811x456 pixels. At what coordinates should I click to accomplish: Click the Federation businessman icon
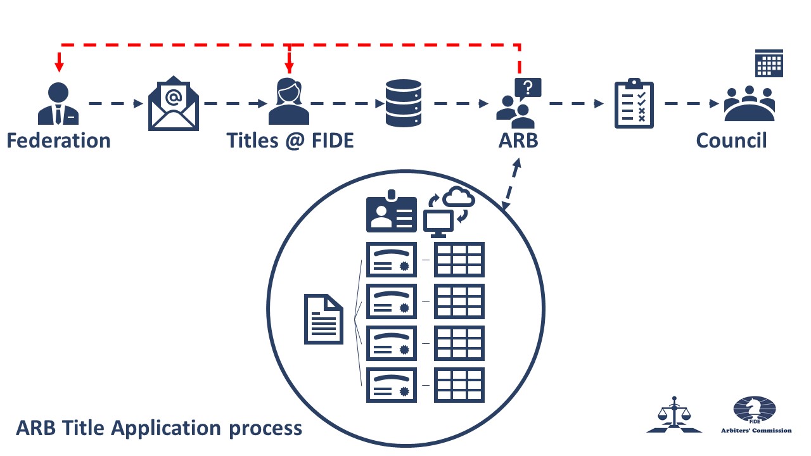pyautogui.click(x=58, y=104)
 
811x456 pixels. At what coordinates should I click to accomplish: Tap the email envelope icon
pyautogui.click(x=173, y=104)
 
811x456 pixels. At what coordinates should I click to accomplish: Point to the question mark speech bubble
pyautogui.click(x=528, y=87)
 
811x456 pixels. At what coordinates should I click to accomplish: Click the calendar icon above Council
pyautogui.click(x=769, y=63)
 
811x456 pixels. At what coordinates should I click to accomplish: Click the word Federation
pyautogui.click(x=58, y=140)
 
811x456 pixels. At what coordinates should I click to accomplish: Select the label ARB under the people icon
pyautogui.click(x=518, y=140)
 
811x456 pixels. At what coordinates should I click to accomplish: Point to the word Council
pyautogui.click(x=731, y=140)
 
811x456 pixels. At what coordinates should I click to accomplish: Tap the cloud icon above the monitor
pyautogui.click(x=459, y=198)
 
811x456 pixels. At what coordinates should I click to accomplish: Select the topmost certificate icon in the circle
pyautogui.click(x=392, y=260)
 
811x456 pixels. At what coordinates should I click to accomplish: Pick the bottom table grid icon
pyautogui.click(x=459, y=384)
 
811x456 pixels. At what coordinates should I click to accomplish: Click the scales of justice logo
pyautogui.click(x=674, y=415)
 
